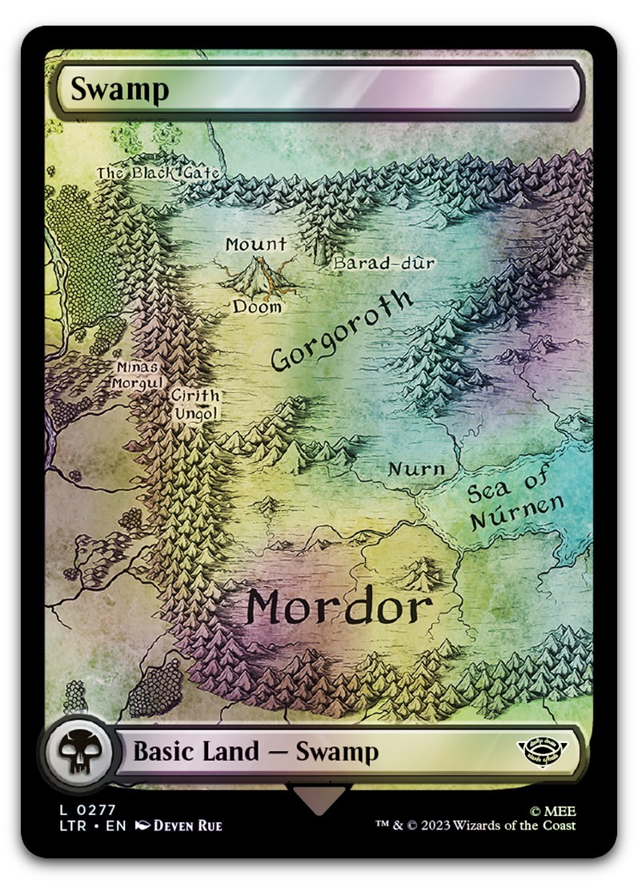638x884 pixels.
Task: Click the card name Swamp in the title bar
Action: [x=119, y=90]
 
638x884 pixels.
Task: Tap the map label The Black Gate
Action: [x=158, y=173]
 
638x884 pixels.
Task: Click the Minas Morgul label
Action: [x=138, y=375]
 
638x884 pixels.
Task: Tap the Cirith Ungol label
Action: [x=194, y=404]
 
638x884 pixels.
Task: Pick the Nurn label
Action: [x=415, y=468]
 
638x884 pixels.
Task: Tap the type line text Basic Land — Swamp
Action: [x=255, y=752]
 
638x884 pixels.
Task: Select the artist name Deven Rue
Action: [x=187, y=826]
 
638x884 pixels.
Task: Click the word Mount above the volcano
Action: [x=255, y=245]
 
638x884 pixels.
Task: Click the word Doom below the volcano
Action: [x=257, y=307]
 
